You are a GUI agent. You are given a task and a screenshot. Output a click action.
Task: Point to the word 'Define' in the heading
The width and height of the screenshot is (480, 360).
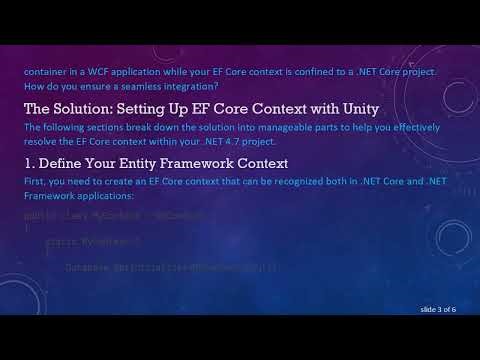tap(65, 162)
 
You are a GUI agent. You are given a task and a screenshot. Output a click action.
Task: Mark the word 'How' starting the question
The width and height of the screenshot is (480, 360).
tap(34, 87)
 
